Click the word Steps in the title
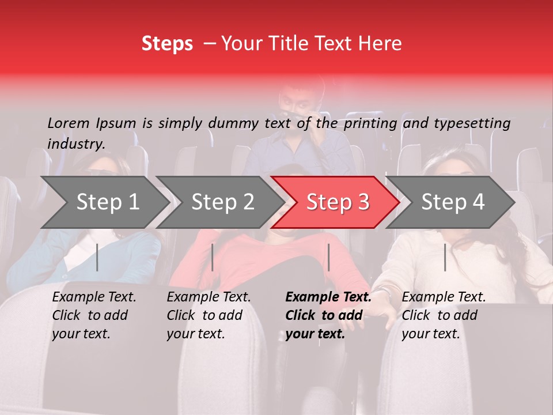[x=167, y=44]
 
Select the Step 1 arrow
[x=104, y=202]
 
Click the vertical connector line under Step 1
[x=97, y=257]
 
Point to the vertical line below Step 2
[x=213, y=257]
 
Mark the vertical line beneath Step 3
[x=328, y=257]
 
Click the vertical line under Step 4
[x=445, y=257]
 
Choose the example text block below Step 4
[x=444, y=315]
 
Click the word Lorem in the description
[x=69, y=123]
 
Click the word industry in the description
[x=76, y=144]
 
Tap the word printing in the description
[x=369, y=123]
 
